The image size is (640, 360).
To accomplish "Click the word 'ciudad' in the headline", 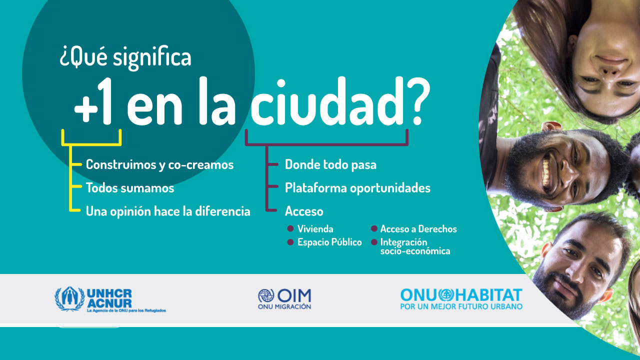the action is pos(326,101).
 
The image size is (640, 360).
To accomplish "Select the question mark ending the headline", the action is pos(417,101).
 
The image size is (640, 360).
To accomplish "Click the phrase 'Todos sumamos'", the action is pos(130,187).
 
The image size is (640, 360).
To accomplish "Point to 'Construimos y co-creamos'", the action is pos(159,164).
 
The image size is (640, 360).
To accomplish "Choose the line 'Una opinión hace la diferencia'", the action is pos(168,211).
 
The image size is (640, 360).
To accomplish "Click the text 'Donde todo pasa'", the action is pos(330,164).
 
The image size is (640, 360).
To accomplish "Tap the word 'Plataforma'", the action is pos(315,187).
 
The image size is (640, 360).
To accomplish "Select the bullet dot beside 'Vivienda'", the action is pos(290,228).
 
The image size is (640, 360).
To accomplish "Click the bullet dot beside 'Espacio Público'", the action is pos(290,242).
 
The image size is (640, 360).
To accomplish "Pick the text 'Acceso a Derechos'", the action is pos(418,229).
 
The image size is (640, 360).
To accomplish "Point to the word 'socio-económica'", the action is pos(415,251).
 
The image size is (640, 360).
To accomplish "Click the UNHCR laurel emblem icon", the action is pos(69,298).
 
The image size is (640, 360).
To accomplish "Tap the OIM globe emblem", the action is pos(266,295).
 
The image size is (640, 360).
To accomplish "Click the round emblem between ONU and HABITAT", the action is pos(446,295).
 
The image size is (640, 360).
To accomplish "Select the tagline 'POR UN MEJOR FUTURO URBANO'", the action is pos(461,306).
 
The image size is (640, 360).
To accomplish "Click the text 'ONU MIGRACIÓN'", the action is pos(284,306).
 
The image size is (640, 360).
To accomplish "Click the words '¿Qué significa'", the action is pos(125,57).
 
